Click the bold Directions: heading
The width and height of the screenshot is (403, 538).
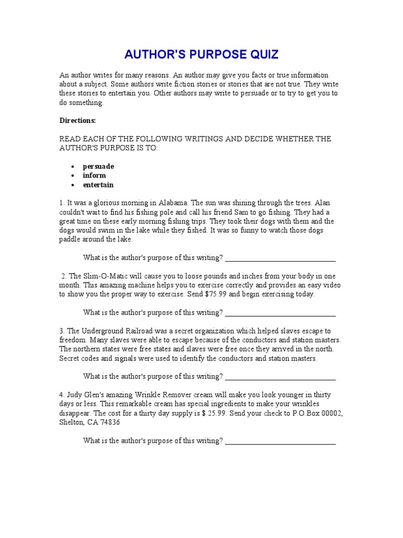[77, 120]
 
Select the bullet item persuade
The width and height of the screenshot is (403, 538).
[98, 166]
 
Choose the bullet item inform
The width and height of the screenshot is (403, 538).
[94, 175]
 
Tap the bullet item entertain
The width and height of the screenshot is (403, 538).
[98, 185]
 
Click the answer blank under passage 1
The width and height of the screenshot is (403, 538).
[280, 257]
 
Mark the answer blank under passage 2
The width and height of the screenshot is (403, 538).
[280, 313]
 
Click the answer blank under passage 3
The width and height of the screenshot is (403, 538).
[280, 377]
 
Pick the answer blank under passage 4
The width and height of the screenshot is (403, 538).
[280, 441]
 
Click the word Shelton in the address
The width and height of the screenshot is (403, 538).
[72, 422]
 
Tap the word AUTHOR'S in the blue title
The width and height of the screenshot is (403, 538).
[152, 55]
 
